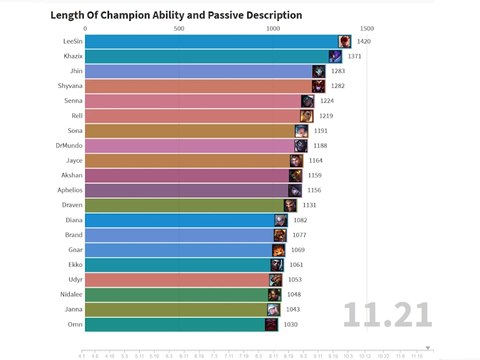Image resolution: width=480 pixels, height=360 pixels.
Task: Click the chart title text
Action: pyautogui.click(x=162, y=15)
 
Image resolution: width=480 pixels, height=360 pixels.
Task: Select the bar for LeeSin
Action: pyautogui.click(x=210, y=42)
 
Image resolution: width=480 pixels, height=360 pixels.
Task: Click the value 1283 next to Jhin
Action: pyautogui.click(x=338, y=72)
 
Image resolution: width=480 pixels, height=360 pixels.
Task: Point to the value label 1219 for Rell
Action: pyautogui.click(x=325, y=116)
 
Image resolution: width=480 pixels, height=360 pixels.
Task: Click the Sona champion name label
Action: pyautogui.click(x=71, y=131)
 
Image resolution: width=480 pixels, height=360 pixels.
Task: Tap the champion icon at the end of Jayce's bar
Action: pyautogui.click(x=296, y=160)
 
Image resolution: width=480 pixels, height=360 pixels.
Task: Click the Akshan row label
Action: pyautogui.click(x=69, y=175)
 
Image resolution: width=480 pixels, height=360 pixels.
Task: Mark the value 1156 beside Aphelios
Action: pyautogui.click(x=313, y=190)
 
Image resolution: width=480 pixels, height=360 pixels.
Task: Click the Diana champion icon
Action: pyautogui.click(x=281, y=219)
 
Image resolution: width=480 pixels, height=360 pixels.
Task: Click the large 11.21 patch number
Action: pyautogui.click(x=388, y=313)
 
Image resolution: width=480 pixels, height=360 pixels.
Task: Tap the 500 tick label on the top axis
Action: pyautogui.click(x=179, y=29)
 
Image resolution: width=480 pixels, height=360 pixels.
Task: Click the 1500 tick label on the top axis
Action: pyautogui.click(x=366, y=29)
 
